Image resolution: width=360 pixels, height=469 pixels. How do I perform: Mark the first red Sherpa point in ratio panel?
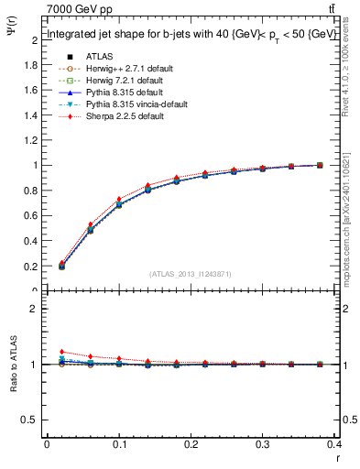[x=61, y=352]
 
